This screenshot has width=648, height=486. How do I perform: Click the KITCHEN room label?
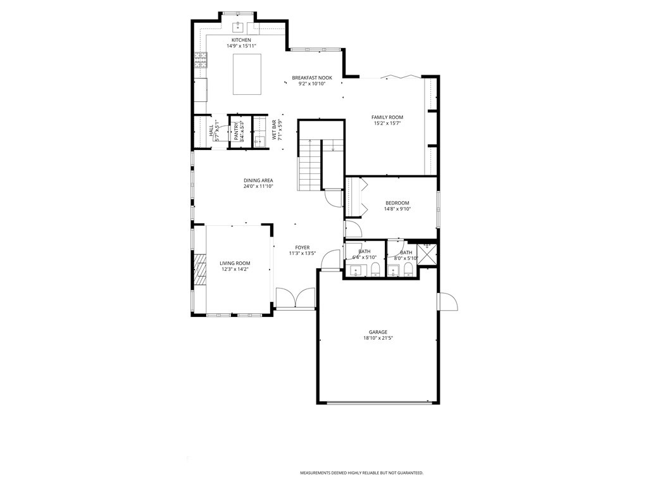click(240, 40)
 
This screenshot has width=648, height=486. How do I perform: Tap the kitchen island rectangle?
click(247, 74)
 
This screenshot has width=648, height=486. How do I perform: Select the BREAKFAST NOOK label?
click(311, 78)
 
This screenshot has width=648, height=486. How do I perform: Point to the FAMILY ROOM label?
click(387, 117)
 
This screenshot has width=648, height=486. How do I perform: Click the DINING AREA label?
click(258, 180)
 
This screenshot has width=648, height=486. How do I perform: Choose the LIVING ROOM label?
click(235, 263)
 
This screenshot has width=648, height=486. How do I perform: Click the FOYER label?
click(302, 247)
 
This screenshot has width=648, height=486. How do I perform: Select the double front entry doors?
click(296, 299)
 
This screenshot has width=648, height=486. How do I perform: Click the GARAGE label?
click(378, 332)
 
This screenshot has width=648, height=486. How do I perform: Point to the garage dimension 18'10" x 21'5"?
click(378, 339)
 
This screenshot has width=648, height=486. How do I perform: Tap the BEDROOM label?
click(397, 202)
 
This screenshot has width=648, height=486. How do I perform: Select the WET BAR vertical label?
click(276, 130)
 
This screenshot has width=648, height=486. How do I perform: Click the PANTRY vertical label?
click(236, 132)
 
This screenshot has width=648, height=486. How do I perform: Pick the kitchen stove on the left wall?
click(201, 61)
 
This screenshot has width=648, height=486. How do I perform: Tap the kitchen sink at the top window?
click(238, 27)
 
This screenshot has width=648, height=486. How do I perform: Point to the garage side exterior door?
click(447, 302)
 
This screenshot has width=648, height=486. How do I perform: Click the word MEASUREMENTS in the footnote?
click(318, 473)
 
